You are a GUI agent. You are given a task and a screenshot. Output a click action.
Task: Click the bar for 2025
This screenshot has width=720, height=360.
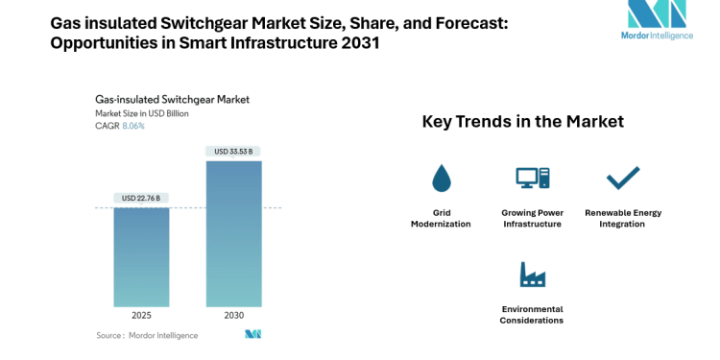point(141,256)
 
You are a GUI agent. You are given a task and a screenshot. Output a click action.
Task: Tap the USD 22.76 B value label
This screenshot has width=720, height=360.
point(141,199)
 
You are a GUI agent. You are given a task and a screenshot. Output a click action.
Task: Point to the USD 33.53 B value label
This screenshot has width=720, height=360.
point(234,151)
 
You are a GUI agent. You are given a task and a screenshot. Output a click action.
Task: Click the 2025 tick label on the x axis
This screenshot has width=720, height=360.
point(141,316)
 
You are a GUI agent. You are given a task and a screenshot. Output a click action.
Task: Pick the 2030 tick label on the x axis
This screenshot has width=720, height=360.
point(234,316)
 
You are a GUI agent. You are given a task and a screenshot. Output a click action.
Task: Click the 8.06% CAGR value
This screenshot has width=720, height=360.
point(132,126)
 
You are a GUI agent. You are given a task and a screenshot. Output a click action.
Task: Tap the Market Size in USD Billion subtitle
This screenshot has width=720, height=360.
point(142,113)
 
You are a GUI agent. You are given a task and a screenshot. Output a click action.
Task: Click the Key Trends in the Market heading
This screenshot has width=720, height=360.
point(523,122)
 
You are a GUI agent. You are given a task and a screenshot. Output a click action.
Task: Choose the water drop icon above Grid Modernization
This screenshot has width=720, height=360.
point(441,178)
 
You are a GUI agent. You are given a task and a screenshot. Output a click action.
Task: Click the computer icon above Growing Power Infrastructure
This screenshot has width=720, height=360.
point(532,178)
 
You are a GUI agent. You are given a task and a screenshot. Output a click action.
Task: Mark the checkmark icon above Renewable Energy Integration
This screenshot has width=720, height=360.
point(623,178)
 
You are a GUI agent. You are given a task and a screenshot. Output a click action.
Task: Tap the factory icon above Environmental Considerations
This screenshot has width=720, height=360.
point(532,275)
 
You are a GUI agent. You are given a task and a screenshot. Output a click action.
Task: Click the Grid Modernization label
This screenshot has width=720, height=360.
point(441,218)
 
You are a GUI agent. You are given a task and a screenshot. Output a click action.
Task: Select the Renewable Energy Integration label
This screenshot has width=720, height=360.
point(623,218)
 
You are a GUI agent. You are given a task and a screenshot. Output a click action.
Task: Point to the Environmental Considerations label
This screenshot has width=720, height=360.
point(532,315)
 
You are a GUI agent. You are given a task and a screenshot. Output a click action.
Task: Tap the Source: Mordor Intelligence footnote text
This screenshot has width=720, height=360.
point(147,335)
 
